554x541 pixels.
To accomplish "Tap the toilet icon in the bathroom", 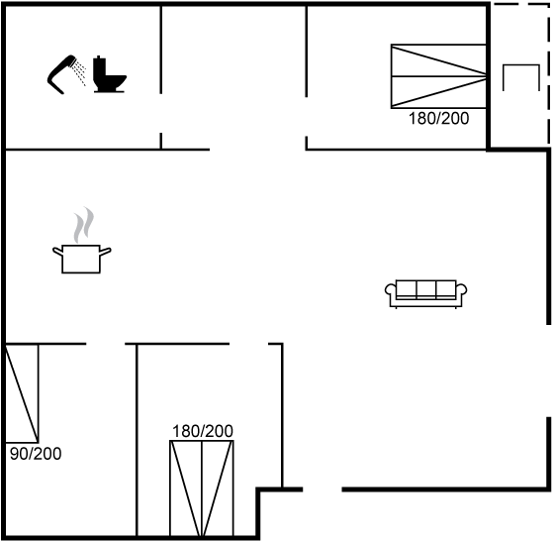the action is point(109,74).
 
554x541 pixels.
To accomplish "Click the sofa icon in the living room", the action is point(425,293).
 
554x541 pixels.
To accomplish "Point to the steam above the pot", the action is point(84,225).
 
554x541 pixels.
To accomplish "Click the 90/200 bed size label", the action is point(36,454).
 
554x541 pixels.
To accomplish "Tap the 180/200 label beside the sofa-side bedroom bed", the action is point(439,118).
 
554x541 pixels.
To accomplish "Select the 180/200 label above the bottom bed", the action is point(203,431).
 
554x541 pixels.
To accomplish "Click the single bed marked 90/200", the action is point(22,393).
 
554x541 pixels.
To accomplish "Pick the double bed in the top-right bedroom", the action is point(438,76).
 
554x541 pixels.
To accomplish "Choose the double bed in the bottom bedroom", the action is point(202,488).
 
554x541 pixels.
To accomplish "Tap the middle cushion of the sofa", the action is point(425,289).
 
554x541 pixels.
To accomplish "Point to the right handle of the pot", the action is point(105,252).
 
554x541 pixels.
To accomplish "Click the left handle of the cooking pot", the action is point(58,252).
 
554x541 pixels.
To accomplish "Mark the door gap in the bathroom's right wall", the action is point(160,113).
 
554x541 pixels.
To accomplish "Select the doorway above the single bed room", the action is point(106,344).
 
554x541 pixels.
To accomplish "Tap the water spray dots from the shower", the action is point(80,72).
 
